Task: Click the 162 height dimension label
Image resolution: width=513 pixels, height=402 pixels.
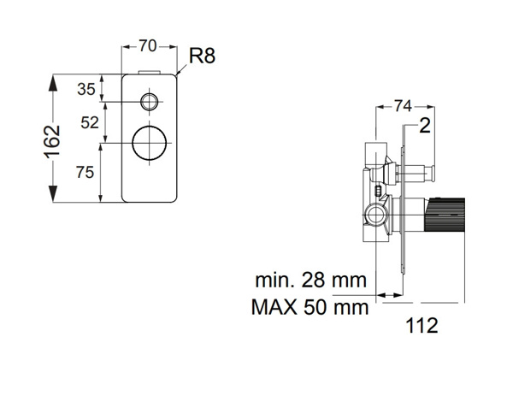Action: click(53, 139)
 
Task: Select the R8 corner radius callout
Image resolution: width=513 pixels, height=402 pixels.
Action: click(200, 58)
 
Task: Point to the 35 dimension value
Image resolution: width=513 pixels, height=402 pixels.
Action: click(86, 88)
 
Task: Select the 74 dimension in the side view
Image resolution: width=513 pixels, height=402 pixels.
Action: click(406, 105)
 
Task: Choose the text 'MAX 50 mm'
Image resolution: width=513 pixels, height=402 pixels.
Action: click(310, 305)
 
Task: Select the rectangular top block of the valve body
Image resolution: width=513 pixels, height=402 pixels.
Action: click(373, 155)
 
